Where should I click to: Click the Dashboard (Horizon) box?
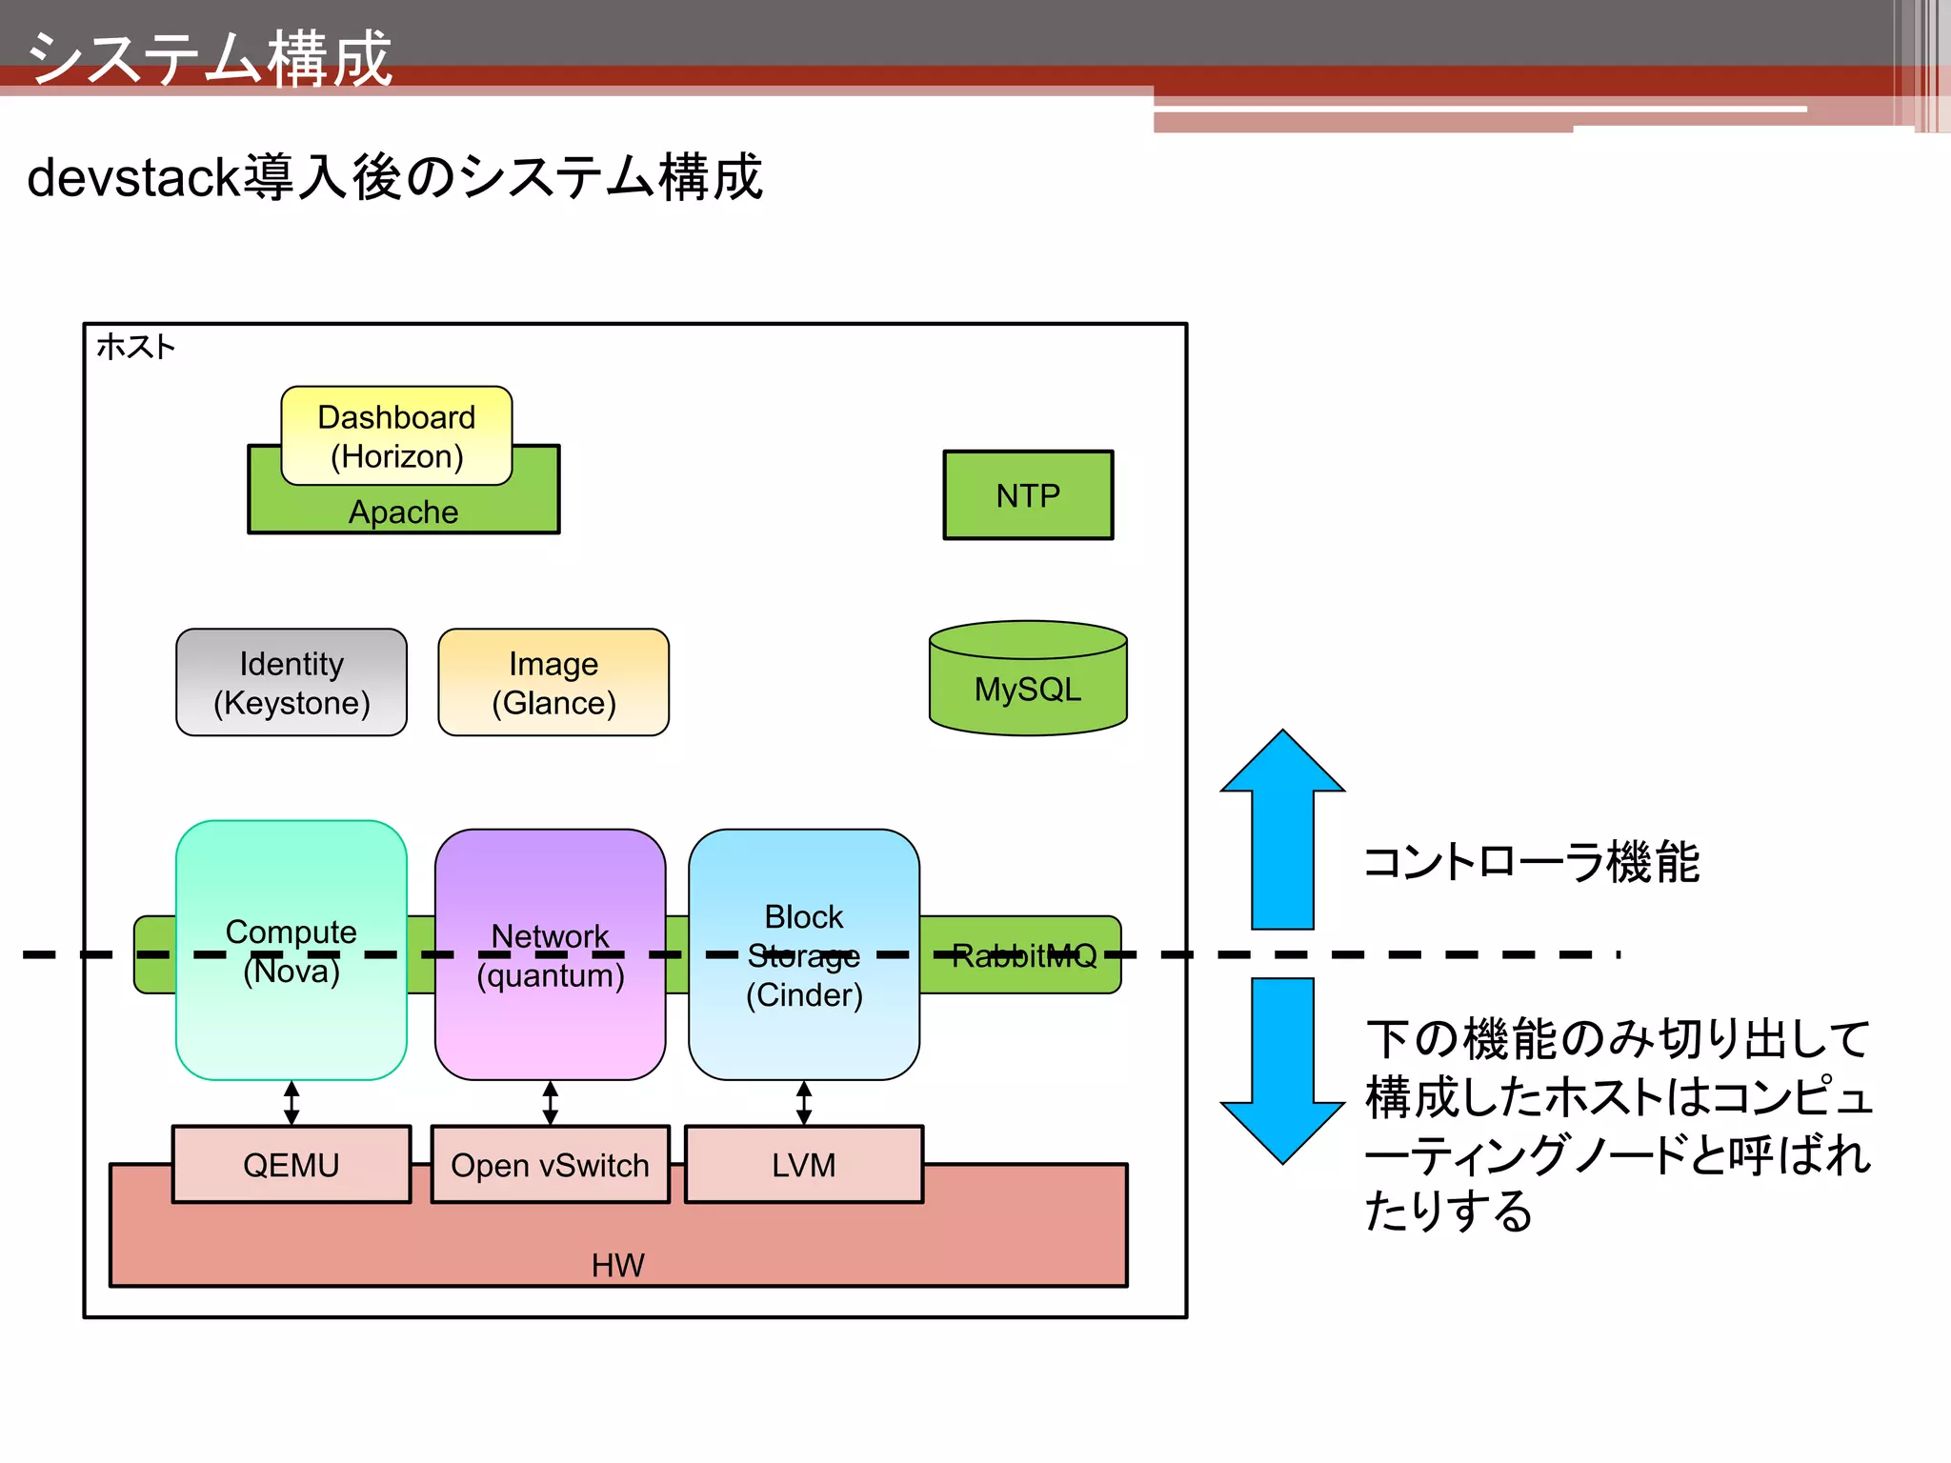396,436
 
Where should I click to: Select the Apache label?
403,512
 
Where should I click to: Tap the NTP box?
1028,495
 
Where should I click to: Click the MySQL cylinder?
1028,688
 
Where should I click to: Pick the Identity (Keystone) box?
292,682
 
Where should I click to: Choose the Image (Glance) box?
553,682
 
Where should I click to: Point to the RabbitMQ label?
1024,955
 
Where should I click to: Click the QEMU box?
292,1164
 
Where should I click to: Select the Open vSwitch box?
550,1164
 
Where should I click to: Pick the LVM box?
803,1164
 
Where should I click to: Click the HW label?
617,1265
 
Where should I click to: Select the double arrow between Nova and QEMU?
292,1103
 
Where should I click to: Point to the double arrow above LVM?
803,1103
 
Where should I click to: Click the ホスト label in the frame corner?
136,347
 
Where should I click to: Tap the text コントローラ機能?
1531,862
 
